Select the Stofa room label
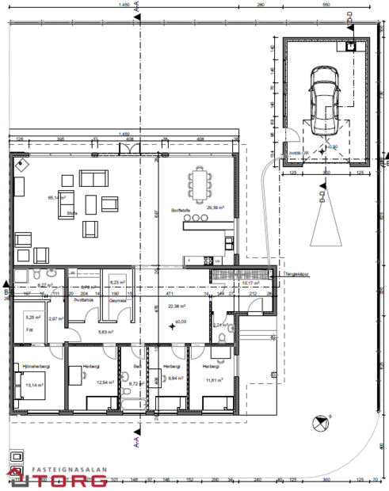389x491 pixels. [71, 213]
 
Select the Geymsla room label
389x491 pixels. [119, 300]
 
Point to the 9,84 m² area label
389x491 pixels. [173, 378]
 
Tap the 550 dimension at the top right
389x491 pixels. [325, 5]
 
